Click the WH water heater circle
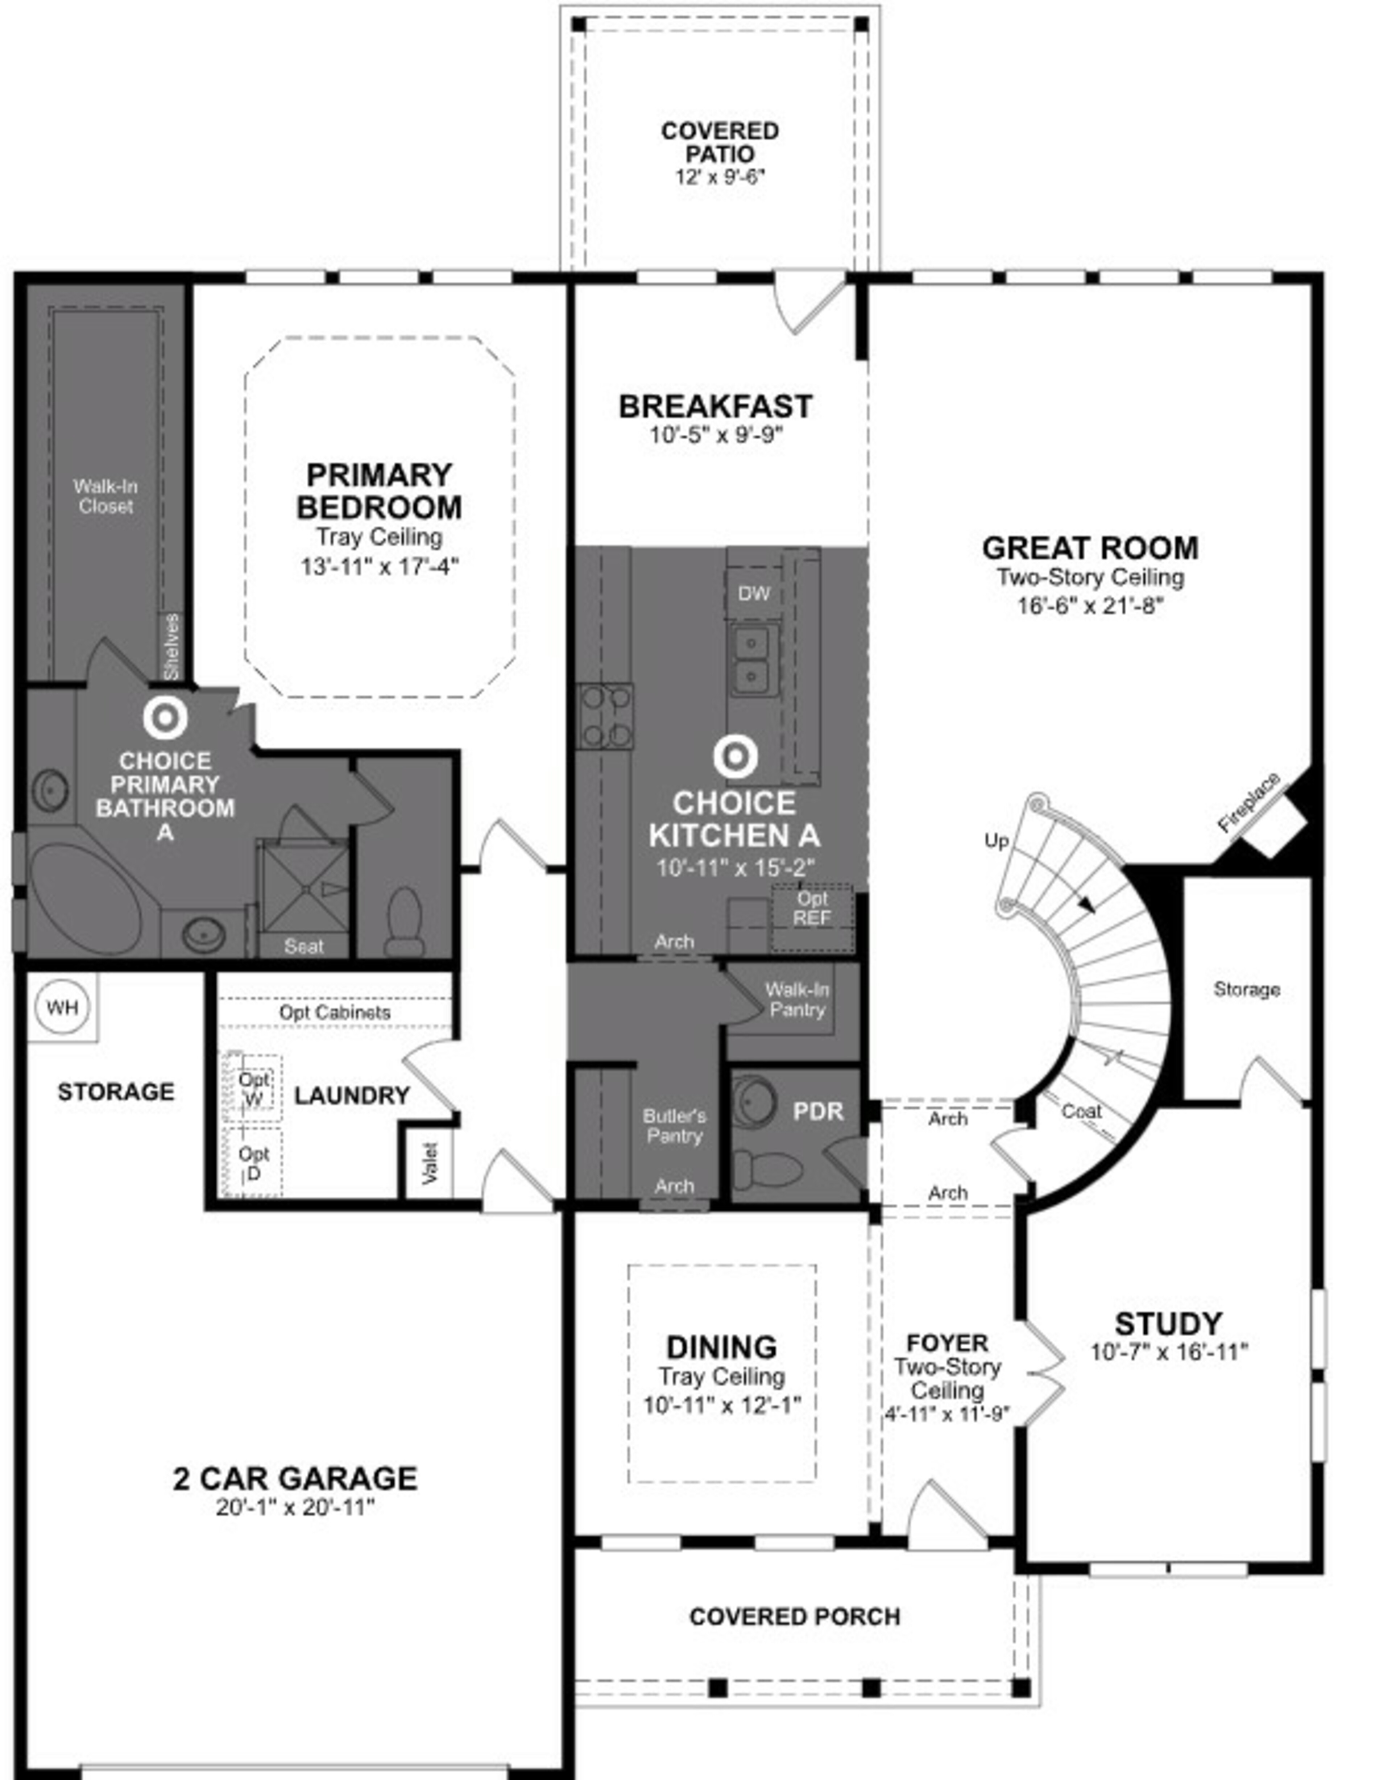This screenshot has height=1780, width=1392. pyautogui.click(x=62, y=1007)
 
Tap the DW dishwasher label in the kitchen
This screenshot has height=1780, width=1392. pyautogui.click(x=754, y=593)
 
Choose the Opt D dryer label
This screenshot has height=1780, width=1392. pyautogui.click(x=253, y=1163)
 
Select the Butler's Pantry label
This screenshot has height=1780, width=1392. pyautogui.click(x=674, y=1126)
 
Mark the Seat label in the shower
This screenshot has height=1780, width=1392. pyautogui.click(x=303, y=946)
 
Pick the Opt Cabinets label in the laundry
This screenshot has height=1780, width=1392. pyautogui.click(x=334, y=1012)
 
